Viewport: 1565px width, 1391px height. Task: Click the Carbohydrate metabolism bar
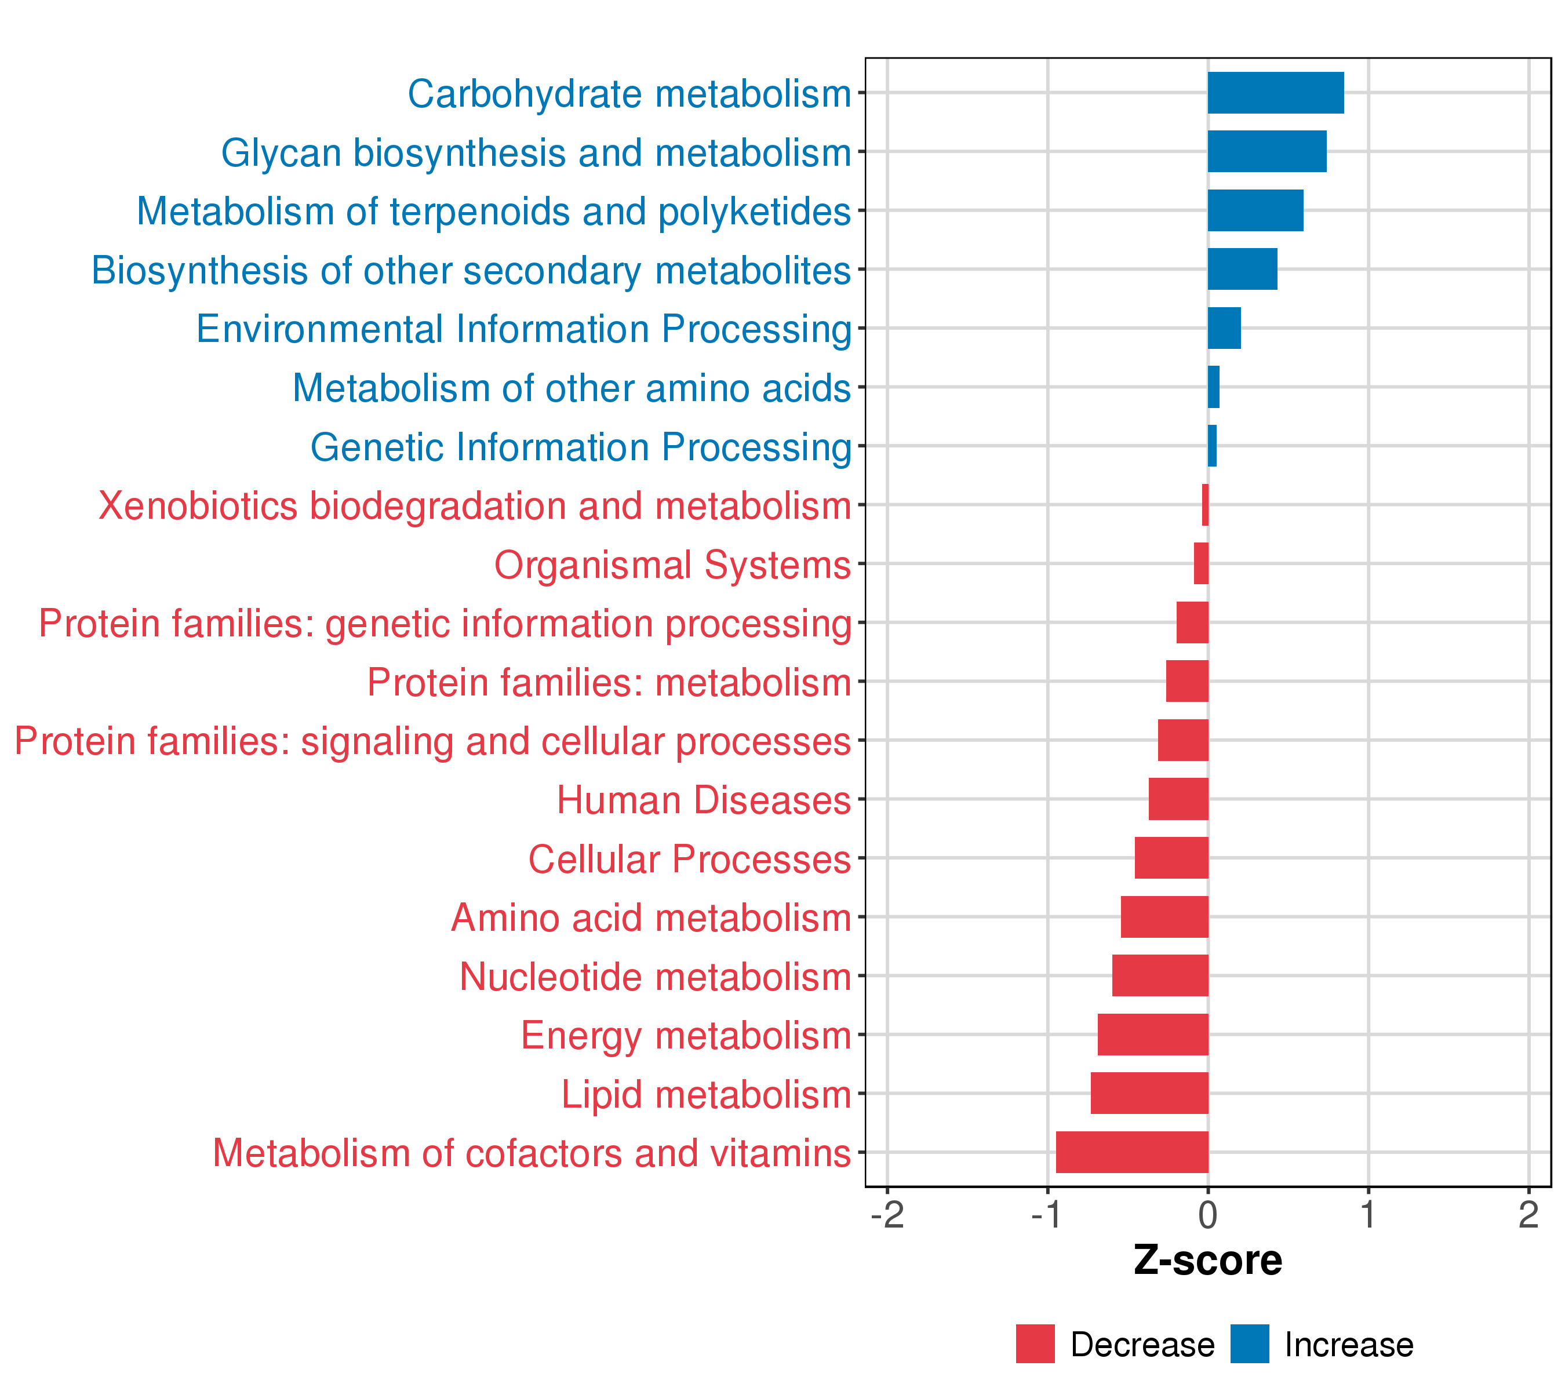(1276, 93)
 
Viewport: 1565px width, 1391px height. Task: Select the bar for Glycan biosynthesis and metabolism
(1267, 152)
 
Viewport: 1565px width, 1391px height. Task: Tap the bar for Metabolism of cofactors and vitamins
(1131, 1152)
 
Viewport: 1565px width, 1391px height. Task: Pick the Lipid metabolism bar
(1149, 1093)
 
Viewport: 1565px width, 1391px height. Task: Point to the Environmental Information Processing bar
(1224, 329)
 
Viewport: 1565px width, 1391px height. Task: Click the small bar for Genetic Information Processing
(1212, 446)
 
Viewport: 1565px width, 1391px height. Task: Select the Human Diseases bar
(1178, 799)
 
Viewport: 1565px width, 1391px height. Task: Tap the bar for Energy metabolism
(1153, 1034)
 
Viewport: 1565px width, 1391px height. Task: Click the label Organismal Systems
(672, 565)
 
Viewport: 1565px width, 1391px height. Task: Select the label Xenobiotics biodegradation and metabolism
(475, 506)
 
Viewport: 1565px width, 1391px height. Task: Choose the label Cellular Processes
(689, 859)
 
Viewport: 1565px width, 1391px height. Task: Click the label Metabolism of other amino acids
(571, 388)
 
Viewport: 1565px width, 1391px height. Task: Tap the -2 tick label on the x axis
(887, 1215)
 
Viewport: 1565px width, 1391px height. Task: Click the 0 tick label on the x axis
(1208, 1215)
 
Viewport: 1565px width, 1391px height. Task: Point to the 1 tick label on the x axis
(1369, 1215)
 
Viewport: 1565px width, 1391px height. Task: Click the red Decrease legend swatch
(1035, 1344)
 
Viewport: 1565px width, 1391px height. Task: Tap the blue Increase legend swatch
(1250, 1344)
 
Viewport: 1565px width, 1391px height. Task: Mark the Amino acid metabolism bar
(1164, 917)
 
